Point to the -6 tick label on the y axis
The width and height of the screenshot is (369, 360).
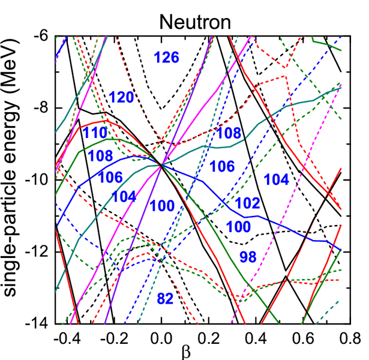43,37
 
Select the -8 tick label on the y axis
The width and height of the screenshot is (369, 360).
43,109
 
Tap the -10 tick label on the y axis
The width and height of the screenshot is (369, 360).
40,180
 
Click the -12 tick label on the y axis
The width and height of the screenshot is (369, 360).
40,252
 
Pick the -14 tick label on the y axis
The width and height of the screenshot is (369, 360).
40,323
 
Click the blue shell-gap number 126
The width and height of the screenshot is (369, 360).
166,58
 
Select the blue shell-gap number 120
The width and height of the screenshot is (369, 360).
122,98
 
